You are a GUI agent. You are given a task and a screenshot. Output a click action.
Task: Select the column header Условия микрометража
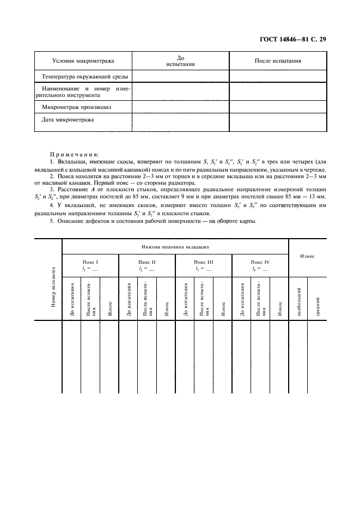coord(83,60)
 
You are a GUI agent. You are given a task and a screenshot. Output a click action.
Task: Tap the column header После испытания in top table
coord(278,60)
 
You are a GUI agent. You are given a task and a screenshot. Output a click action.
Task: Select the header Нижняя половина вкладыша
coord(175,247)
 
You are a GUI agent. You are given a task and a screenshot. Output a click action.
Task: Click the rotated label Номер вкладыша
coord(53,287)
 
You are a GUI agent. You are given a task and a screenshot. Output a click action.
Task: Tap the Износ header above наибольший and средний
coord(308,256)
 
